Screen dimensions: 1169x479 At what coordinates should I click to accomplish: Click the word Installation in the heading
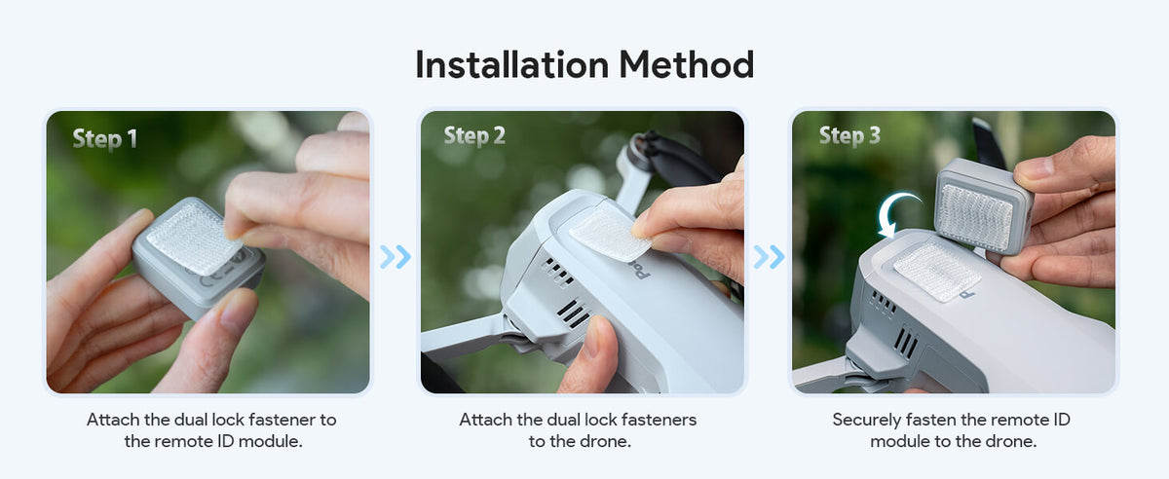(x=512, y=64)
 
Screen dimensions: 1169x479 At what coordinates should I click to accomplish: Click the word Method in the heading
(x=686, y=64)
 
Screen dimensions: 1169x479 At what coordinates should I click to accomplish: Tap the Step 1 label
(x=105, y=139)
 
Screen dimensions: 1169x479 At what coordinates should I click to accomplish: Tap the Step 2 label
(x=474, y=135)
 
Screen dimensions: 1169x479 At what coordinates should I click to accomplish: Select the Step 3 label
(x=849, y=135)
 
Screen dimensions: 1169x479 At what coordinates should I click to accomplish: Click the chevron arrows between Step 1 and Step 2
(x=396, y=257)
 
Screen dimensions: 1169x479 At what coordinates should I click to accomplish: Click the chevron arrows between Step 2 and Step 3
(x=769, y=257)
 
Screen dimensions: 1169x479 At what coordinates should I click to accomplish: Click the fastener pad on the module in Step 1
(x=194, y=239)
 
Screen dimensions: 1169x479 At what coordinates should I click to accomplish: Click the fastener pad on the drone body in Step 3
(x=937, y=272)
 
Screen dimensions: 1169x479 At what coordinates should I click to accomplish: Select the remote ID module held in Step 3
(x=982, y=206)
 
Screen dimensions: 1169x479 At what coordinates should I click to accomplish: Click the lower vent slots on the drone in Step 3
(x=905, y=343)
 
